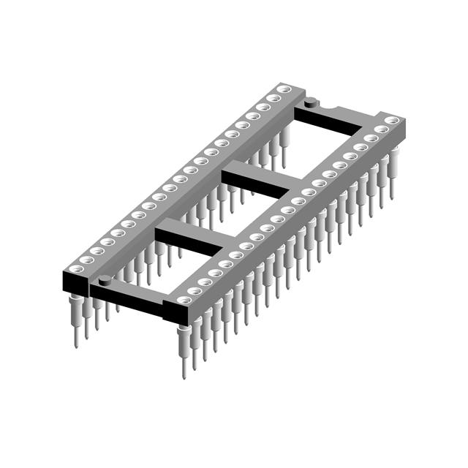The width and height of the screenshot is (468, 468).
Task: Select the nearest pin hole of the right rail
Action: click(x=182, y=299)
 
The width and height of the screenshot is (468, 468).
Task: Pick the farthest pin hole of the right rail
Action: click(x=392, y=119)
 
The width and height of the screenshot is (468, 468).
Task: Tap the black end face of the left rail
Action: click(x=76, y=282)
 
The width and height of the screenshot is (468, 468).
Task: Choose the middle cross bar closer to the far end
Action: click(x=256, y=179)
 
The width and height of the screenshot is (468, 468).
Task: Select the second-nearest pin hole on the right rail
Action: click(x=194, y=290)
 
